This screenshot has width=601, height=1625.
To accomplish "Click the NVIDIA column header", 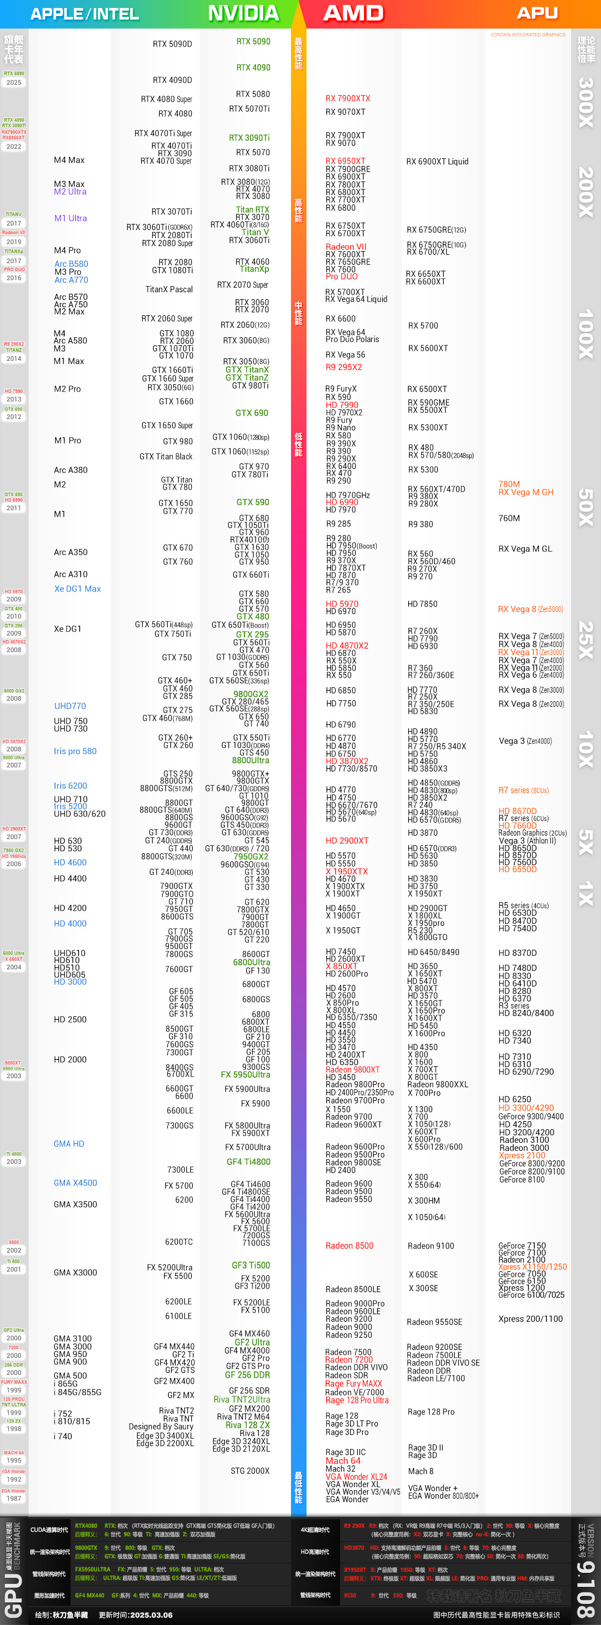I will (243, 13).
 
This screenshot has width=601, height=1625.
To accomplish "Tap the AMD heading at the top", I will (354, 13).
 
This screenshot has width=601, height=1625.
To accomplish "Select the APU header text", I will (537, 13).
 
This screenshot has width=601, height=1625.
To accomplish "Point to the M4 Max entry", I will (70, 160).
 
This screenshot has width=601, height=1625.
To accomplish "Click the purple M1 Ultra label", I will (71, 218).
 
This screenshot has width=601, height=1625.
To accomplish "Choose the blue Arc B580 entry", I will (71, 264).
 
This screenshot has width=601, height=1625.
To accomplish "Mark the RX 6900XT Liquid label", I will (438, 161).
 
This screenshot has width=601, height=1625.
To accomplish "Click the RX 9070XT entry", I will (346, 112).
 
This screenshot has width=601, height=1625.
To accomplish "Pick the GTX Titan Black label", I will (166, 457).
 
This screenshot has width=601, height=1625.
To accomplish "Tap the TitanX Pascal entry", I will (169, 290).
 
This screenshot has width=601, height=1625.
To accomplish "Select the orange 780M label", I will (509, 485).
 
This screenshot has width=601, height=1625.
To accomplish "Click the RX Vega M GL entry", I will (525, 549).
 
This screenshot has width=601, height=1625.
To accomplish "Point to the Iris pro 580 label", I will (75, 751).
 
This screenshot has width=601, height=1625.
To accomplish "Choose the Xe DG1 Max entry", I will (78, 589).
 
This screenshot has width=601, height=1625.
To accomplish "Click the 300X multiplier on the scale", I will (586, 103).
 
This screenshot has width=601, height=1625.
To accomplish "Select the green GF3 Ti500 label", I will (251, 1266).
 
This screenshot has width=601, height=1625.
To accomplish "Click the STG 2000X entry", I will (250, 1471).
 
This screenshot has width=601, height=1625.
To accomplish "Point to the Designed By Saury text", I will (161, 1427).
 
